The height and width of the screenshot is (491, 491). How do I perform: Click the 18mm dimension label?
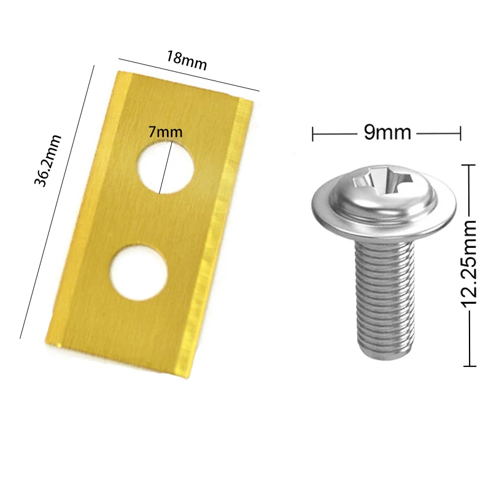click(x=186, y=60)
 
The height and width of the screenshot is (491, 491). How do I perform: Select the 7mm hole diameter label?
click(x=165, y=131)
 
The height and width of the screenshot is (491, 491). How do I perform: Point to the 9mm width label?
click(x=387, y=132)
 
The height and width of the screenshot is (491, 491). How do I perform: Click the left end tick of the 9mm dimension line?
click(x=314, y=133)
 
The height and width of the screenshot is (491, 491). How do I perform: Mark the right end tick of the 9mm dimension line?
click(x=460, y=133)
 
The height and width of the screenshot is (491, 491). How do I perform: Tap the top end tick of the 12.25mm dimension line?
click(x=469, y=165)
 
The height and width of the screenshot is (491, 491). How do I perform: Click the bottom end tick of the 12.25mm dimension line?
click(x=469, y=366)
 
